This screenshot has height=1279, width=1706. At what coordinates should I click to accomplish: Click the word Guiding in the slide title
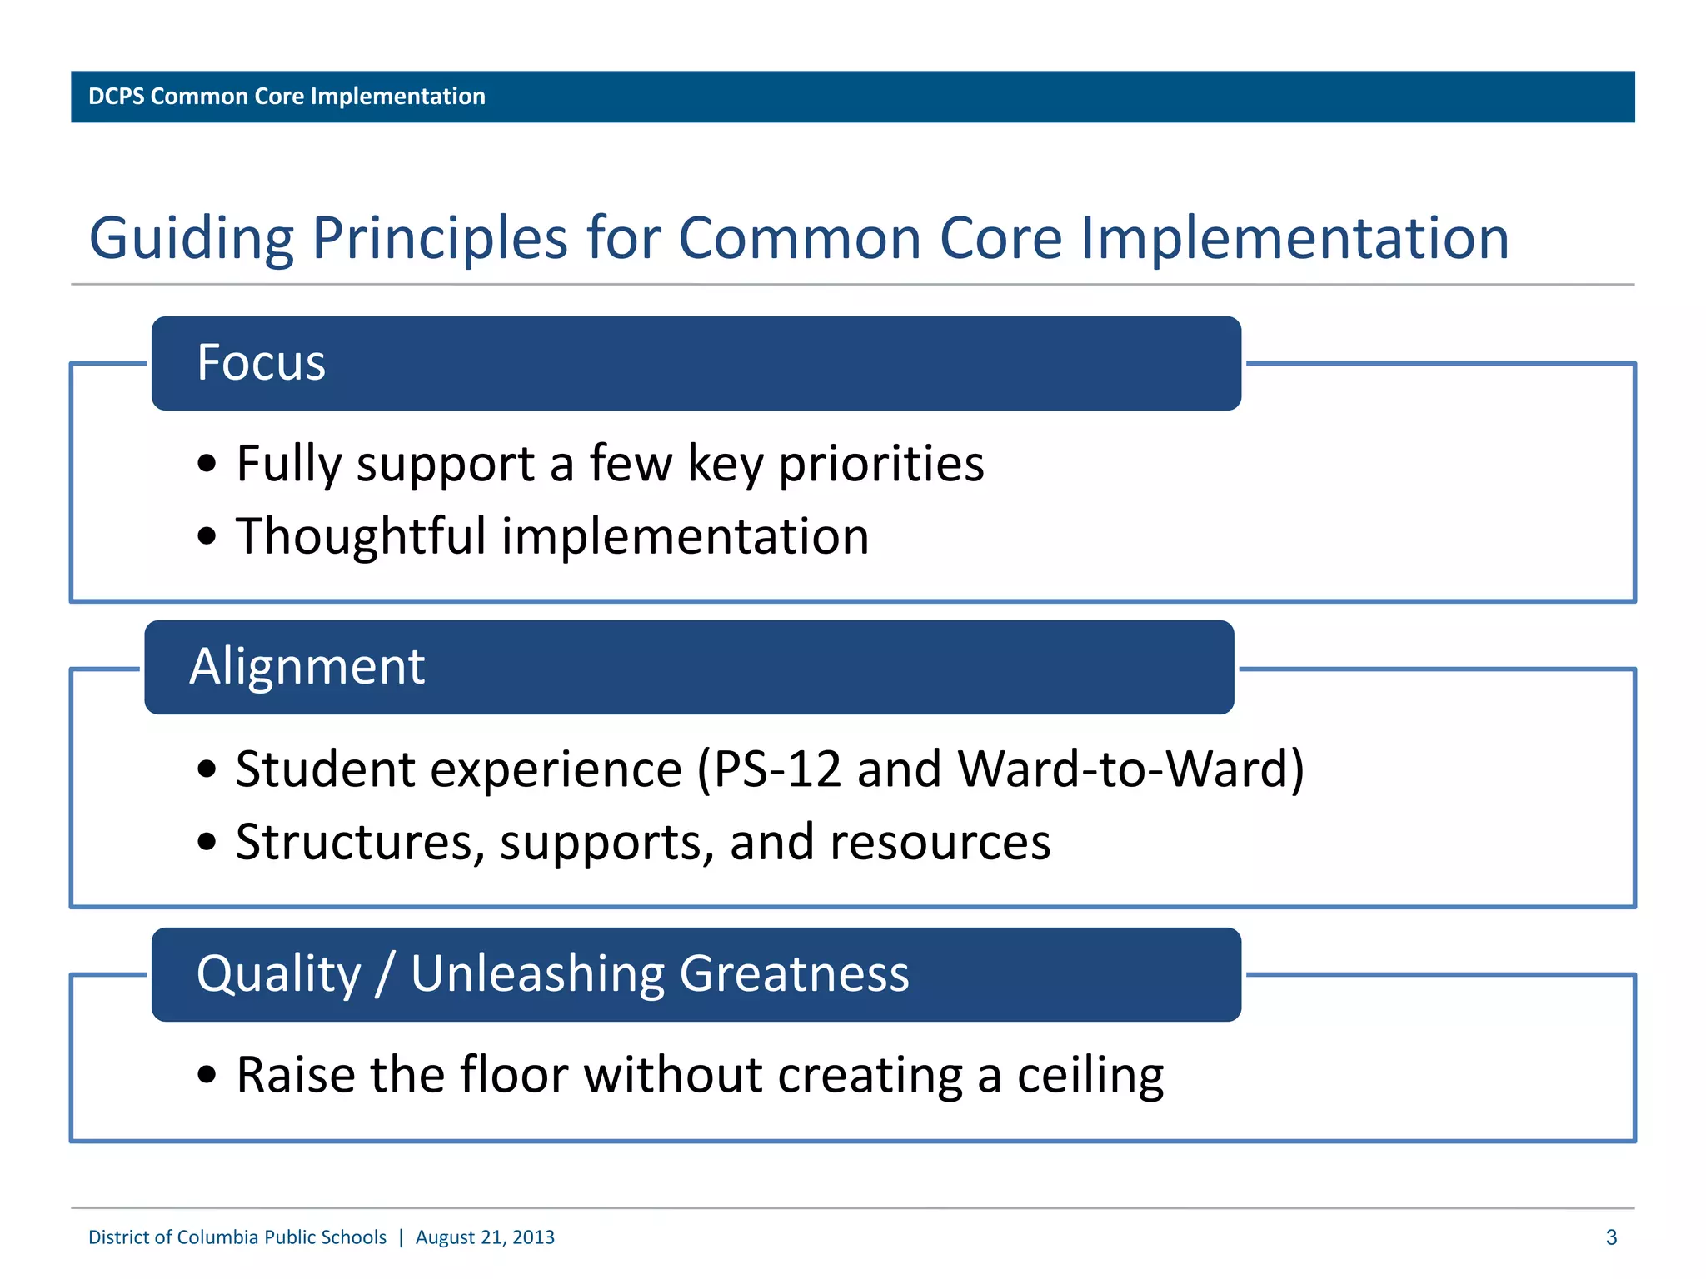(x=191, y=239)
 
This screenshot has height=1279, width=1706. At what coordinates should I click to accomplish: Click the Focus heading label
(x=261, y=363)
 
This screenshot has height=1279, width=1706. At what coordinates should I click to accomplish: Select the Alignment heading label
(x=307, y=667)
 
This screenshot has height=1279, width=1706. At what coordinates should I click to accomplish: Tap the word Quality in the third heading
(x=278, y=973)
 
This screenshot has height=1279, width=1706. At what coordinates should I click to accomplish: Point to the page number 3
(x=1611, y=1237)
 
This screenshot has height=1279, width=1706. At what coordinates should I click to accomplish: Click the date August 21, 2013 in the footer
(x=485, y=1237)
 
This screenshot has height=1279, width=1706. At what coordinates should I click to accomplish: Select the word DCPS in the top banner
(x=116, y=97)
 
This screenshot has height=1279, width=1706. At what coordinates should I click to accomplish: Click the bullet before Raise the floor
(x=207, y=1076)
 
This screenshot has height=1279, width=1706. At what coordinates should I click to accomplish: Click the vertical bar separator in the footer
(x=401, y=1237)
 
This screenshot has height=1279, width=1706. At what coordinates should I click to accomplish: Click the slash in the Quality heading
(x=384, y=973)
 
